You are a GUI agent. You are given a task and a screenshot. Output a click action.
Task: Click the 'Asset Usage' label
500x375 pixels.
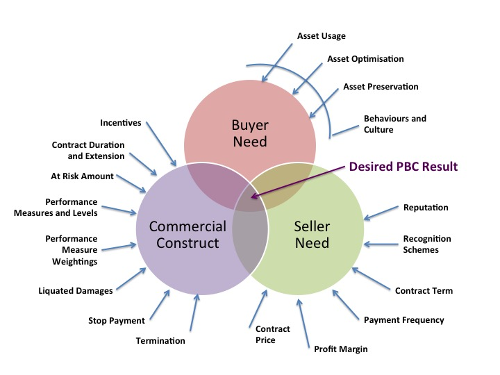click(321, 36)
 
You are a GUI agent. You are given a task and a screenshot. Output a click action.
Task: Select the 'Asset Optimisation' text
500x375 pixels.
click(365, 59)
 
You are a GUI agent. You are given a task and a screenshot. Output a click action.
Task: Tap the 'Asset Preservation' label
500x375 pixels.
click(381, 87)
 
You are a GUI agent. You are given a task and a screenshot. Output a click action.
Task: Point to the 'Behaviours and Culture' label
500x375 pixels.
click(394, 124)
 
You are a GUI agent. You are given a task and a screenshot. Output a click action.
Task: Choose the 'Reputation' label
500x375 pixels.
click(426, 207)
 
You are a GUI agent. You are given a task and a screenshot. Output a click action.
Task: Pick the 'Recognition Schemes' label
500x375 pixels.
click(427, 244)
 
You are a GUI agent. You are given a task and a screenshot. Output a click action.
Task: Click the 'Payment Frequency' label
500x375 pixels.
click(403, 320)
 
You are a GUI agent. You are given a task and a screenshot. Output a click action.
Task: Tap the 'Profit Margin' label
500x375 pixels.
click(340, 348)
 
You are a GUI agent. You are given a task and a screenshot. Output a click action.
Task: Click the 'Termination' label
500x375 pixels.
click(160, 340)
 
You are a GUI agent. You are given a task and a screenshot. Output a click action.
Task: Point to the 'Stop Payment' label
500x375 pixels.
click(117, 320)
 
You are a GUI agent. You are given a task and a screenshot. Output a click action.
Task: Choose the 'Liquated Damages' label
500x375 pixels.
click(76, 290)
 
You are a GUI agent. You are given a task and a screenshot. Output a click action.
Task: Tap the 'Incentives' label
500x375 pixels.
click(121, 123)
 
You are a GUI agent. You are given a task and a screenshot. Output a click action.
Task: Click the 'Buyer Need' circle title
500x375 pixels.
click(250, 133)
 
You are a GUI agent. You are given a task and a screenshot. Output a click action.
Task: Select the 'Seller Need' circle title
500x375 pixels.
click(311, 235)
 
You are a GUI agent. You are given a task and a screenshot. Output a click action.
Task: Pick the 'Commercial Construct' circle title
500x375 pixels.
click(187, 235)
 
